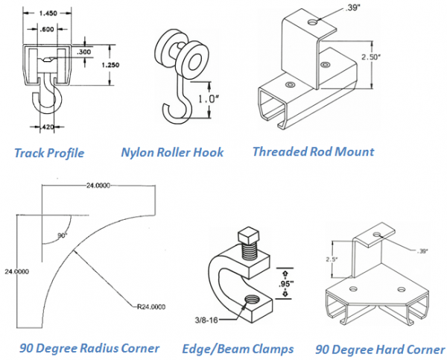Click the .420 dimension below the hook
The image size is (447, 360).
pyautogui.click(x=48, y=127)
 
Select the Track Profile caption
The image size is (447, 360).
pyautogui.click(x=49, y=154)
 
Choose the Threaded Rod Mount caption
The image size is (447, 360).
pyautogui.click(x=313, y=151)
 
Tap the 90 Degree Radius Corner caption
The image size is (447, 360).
pyautogui.click(x=89, y=348)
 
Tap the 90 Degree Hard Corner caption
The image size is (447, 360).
pyautogui.click(x=379, y=348)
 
